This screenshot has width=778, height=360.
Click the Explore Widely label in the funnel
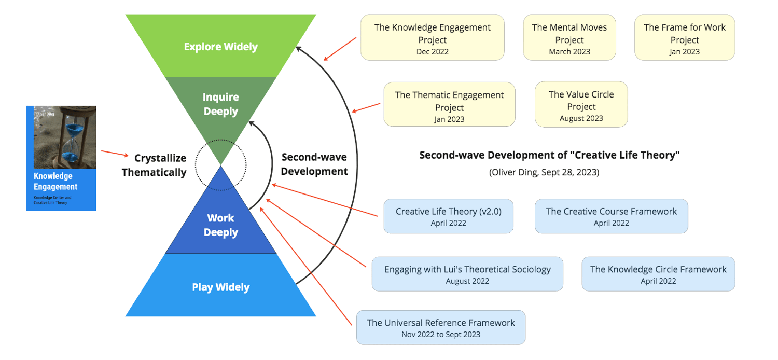point(220,47)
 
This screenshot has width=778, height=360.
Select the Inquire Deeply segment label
point(220,104)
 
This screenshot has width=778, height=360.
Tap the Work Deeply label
point(220,225)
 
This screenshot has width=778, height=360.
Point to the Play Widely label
point(220,287)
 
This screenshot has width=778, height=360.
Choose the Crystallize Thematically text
point(154,165)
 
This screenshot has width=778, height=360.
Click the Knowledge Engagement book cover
point(61,158)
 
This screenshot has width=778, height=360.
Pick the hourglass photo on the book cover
point(65,137)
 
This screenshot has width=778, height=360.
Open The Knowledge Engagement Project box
point(432,38)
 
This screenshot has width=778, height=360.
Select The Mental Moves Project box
point(569,38)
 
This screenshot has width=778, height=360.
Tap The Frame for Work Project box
point(684,38)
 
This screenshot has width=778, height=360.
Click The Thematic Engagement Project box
point(449,105)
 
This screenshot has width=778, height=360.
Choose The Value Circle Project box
point(581,105)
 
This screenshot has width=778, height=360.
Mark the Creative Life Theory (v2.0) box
point(448,216)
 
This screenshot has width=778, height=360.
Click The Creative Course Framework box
point(611,216)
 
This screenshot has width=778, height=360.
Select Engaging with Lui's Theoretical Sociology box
point(467,274)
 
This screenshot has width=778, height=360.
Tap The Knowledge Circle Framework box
point(658,274)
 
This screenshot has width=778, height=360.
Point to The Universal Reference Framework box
point(440,327)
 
